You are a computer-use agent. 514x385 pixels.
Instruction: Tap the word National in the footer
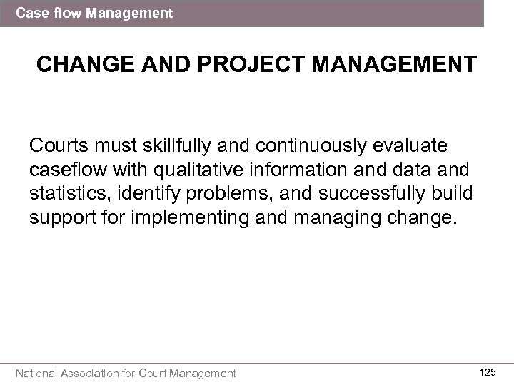(x=39, y=373)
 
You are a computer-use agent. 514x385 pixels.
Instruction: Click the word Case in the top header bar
(x=30, y=13)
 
